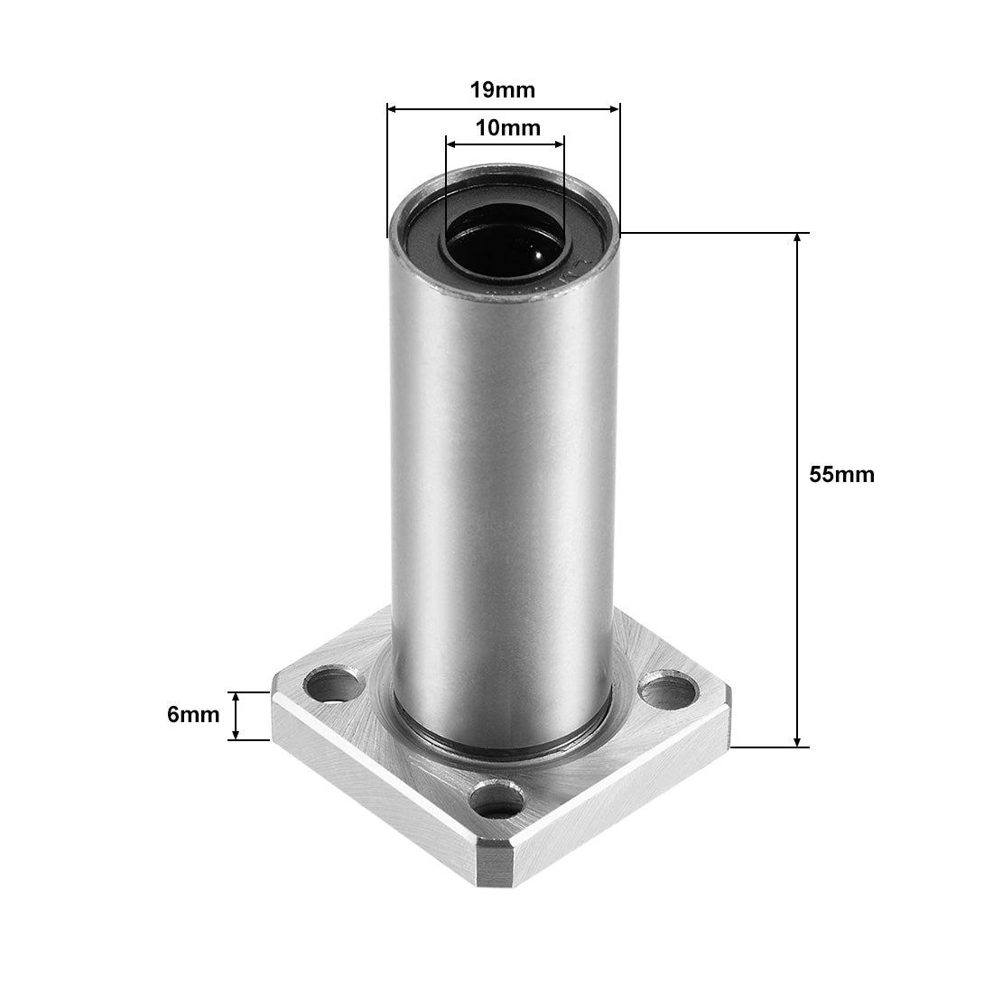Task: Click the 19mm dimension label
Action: [503, 89]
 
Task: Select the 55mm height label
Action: [841, 474]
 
